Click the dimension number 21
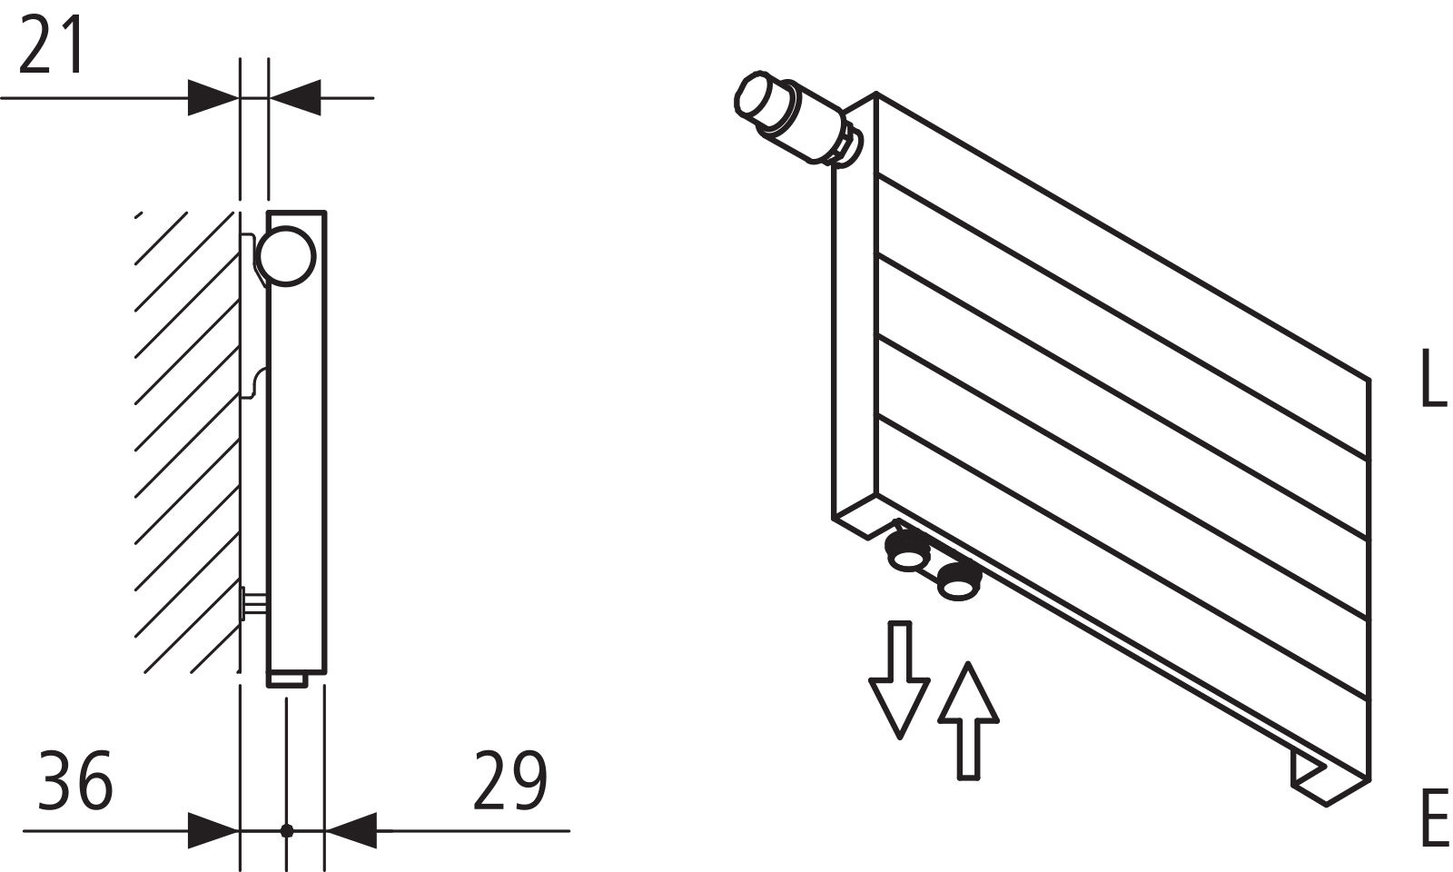pyautogui.click(x=51, y=45)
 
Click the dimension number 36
pyautogui.click(x=76, y=780)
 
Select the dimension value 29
pyautogui.click(x=510, y=780)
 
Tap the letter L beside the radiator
pyautogui.click(x=1433, y=378)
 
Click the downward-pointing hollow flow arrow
pyautogui.click(x=899, y=679)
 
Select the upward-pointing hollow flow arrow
pyautogui.click(x=968, y=720)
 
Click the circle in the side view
pyautogui.click(x=286, y=255)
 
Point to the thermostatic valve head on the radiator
pyautogui.click(x=795, y=119)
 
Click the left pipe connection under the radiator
pyautogui.click(x=908, y=549)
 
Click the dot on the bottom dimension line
pyautogui.click(x=287, y=830)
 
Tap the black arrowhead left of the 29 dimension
pyautogui.click(x=351, y=830)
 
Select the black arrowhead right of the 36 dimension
pyautogui.click(x=213, y=830)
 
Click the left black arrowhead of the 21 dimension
pyautogui.click(x=213, y=98)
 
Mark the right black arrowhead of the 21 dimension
pyautogui.click(x=295, y=98)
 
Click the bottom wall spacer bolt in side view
pyautogui.click(x=253, y=603)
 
